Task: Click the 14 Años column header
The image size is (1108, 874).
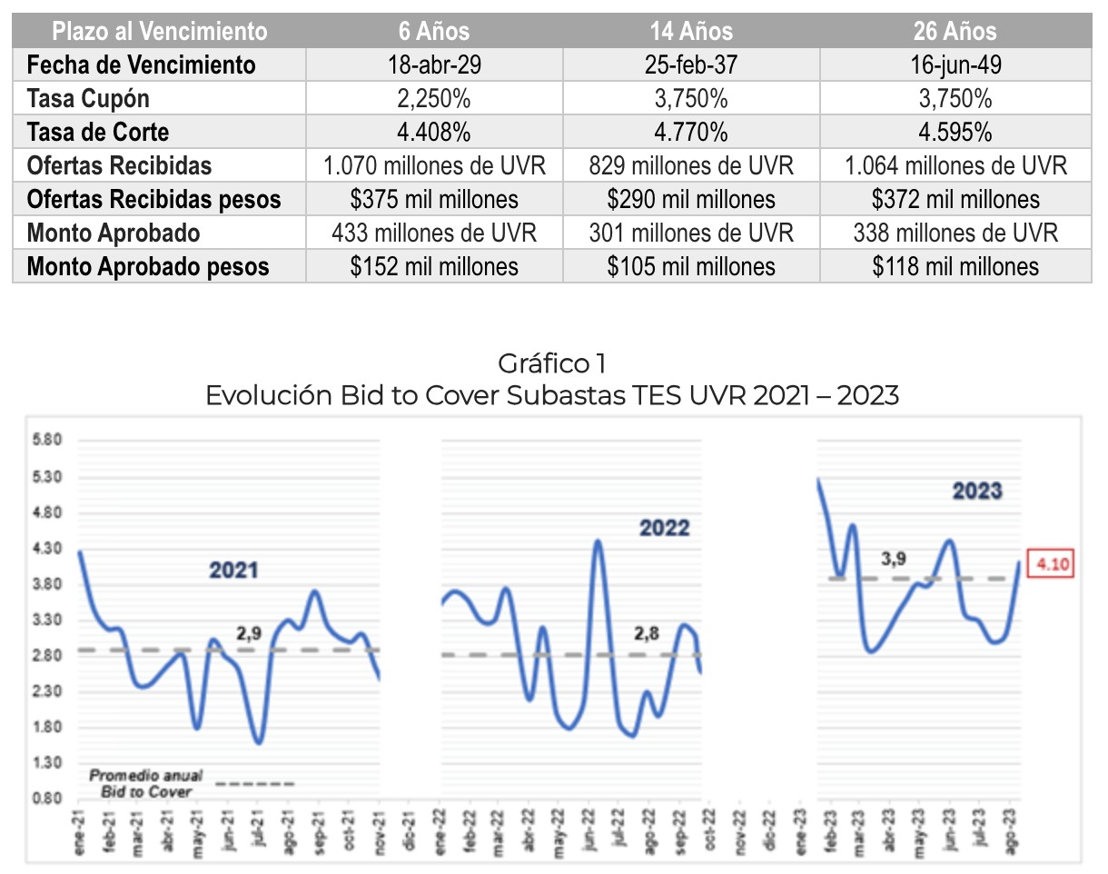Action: pyautogui.click(x=691, y=31)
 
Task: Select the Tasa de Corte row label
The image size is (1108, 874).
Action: pyautogui.click(x=98, y=132)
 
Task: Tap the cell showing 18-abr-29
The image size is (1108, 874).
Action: pyautogui.click(x=434, y=65)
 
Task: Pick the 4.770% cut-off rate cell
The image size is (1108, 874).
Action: pyautogui.click(x=691, y=132)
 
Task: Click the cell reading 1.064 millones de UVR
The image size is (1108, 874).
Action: pyautogui.click(x=955, y=165)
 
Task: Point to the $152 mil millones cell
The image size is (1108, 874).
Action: pyautogui.click(x=434, y=266)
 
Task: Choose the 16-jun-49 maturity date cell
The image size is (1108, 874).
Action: pyautogui.click(x=955, y=65)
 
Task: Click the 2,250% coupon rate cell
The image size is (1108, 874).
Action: pyautogui.click(x=434, y=98)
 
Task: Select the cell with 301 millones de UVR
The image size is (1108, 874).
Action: pyautogui.click(x=691, y=233)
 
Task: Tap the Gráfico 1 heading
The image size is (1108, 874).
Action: pyautogui.click(x=551, y=364)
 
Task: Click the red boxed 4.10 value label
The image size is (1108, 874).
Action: pyautogui.click(x=1051, y=564)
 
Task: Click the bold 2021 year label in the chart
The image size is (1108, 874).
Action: pyautogui.click(x=233, y=571)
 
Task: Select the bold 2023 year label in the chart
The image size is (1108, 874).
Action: pyautogui.click(x=977, y=492)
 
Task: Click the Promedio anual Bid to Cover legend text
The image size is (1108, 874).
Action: pyautogui.click(x=146, y=783)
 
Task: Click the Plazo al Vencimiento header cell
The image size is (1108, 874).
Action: pyautogui.click(x=160, y=31)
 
